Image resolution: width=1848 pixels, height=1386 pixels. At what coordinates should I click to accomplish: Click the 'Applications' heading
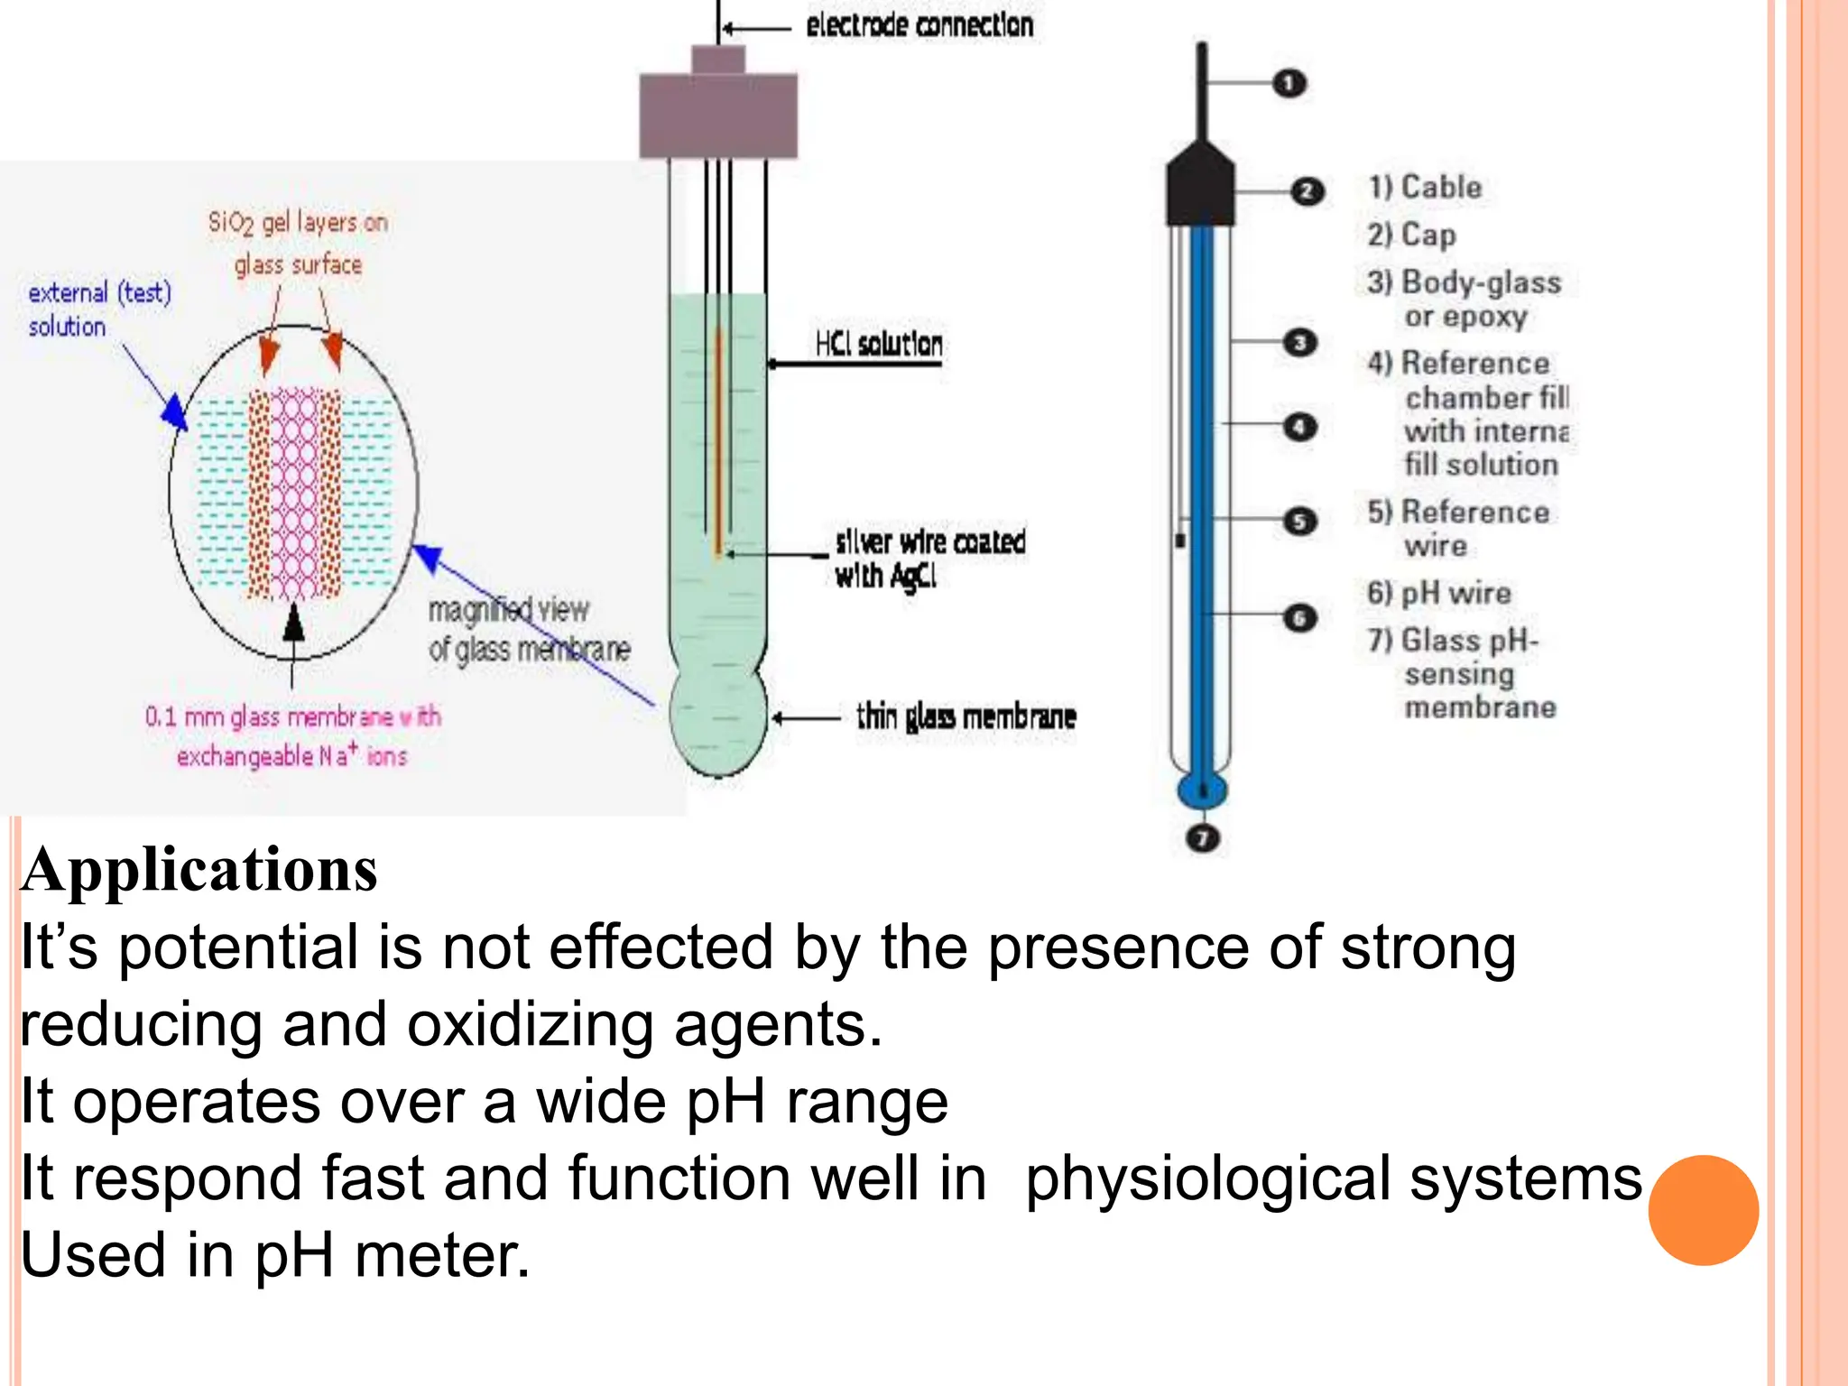(199, 870)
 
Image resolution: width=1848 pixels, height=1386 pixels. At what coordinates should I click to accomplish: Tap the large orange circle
(1703, 1210)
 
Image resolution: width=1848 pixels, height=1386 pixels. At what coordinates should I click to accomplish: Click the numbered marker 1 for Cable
(1289, 84)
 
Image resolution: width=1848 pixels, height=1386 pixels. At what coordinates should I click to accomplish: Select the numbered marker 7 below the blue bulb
(1202, 838)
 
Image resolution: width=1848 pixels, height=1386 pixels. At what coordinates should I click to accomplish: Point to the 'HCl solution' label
(878, 344)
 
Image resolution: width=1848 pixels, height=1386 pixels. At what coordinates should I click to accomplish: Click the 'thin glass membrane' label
(966, 717)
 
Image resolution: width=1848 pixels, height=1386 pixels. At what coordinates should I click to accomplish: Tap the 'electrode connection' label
(919, 25)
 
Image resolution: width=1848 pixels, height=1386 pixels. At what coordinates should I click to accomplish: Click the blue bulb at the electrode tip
(1202, 790)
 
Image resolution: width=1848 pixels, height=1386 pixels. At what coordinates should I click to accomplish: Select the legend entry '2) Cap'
(1411, 235)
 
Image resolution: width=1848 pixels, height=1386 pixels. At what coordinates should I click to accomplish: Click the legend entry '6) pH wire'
(1438, 593)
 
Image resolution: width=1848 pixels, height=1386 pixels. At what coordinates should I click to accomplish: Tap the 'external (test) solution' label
(98, 309)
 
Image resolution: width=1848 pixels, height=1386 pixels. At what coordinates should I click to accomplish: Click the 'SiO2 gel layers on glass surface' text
(298, 243)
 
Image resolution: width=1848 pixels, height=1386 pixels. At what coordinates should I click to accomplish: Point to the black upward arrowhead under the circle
(293, 623)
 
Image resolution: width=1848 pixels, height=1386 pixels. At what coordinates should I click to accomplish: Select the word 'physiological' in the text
(1209, 1178)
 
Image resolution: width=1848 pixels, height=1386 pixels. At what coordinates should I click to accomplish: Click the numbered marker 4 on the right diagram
(1298, 427)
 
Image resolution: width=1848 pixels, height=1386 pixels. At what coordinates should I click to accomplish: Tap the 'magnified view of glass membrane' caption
(528, 630)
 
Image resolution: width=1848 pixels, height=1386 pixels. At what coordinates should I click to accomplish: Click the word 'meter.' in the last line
(442, 1256)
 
